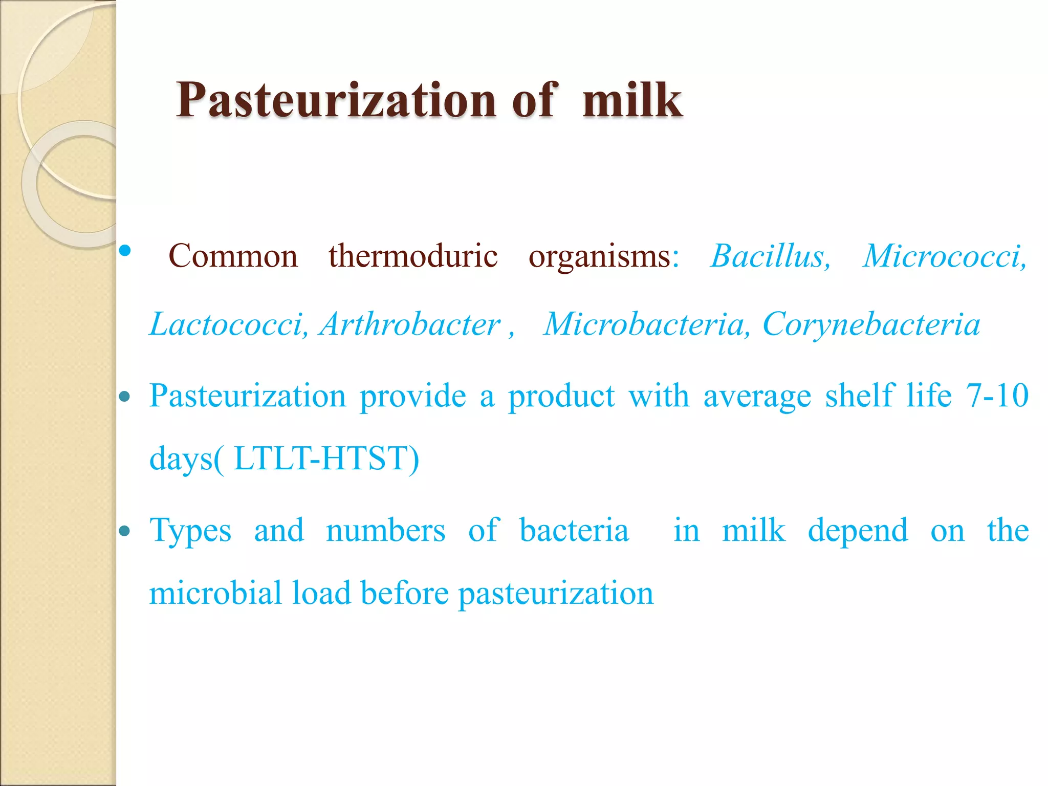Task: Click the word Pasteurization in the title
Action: coord(336,100)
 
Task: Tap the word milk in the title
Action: coord(632,100)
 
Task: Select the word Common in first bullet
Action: coord(233,256)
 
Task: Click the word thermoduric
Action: coord(412,256)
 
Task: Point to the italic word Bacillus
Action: coord(770,256)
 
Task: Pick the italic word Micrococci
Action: coord(944,256)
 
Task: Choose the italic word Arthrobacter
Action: coord(410,324)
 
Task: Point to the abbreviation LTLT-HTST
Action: coord(325,458)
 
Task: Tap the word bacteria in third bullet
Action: coord(574,530)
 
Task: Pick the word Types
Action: coord(190,531)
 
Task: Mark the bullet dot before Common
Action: coord(124,251)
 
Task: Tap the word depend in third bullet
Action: coord(858,531)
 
